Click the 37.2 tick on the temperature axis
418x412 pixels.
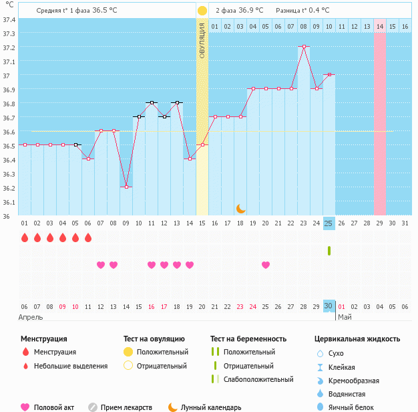tap(9, 47)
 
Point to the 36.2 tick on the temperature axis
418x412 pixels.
tap(9, 188)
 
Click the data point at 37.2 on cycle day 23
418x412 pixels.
tap(304, 47)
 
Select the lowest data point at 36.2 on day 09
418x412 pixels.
tap(126, 187)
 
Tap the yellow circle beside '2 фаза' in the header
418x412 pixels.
tap(202, 11)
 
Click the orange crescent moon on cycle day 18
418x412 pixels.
tap(240, 209)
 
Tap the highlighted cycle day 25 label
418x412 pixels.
tap(329, 223)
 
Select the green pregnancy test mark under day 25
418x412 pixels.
tap(329, 250)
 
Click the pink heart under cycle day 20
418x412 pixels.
tap(266, 265)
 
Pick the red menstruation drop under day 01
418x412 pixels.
tap(24, 237)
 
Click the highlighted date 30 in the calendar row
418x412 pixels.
tap(329, 306)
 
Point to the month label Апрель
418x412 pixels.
tap(31, 317)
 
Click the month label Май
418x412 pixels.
tap(345, 317)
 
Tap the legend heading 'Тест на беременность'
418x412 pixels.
tap(248, 339)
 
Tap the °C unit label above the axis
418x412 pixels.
tap(9, 6)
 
